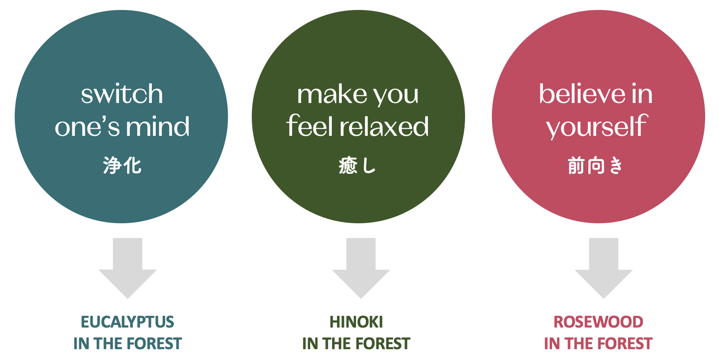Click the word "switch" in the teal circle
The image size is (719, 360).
[x=122, y=94]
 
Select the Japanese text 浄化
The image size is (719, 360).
[x=122, y=165]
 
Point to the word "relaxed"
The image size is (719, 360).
[x=384, y=126]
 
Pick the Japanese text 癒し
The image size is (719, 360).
[x=357, y=165]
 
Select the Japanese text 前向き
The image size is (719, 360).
[x=595, y=165]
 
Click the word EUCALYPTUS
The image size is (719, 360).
[x=128, y=322]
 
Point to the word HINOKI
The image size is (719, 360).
[x=356, y=322]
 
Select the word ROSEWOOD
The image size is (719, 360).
[x=598, y=322]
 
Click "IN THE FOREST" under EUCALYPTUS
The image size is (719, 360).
[x=128, y=343]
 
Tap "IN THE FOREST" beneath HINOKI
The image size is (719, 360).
[x=356, y=343]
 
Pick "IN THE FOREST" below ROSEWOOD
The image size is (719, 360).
[x=598, y=343]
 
